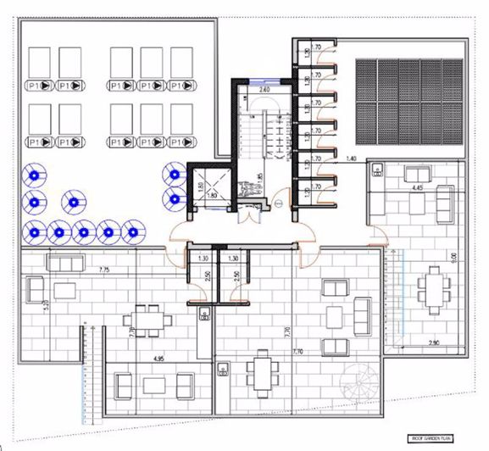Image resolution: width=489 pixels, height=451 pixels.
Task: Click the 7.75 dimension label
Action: [80, 269]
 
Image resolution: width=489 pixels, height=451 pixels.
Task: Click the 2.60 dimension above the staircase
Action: [263, 89]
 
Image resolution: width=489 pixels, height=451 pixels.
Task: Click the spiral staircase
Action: [363, 383]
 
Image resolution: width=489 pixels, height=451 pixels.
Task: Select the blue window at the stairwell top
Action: [263, 81]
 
